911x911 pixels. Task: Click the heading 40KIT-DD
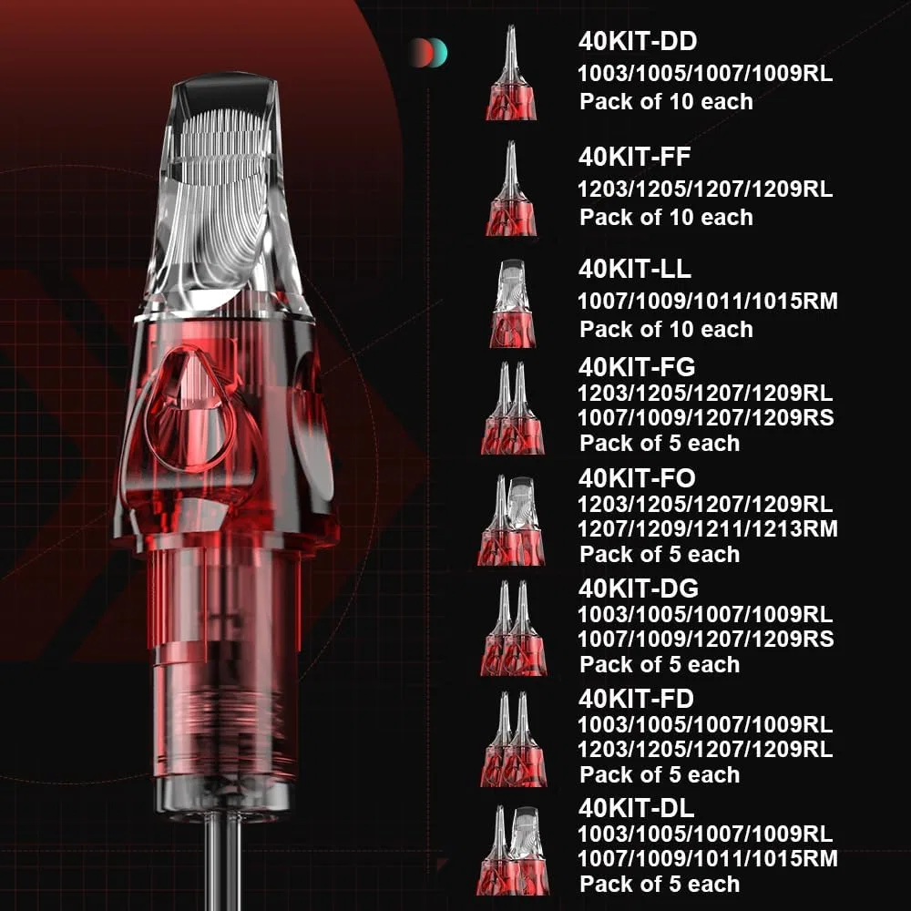click(638, 41)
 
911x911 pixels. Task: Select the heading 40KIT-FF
click(634, 157)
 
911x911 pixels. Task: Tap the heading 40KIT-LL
click(634, 269)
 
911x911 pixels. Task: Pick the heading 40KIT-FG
click(637, 367)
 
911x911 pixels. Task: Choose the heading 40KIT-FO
click(637, 478)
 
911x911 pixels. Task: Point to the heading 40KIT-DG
click(638, 589)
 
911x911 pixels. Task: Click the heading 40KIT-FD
click(636, 699)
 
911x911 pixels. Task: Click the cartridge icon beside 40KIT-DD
click(511, 73)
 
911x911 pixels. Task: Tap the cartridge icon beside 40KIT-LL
click(511, 303)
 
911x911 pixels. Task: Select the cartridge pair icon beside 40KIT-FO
click(511, 520)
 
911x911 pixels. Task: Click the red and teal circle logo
click(428, 53)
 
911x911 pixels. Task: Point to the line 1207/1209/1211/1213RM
click(707, 528)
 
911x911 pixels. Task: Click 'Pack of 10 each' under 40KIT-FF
click(666, 218)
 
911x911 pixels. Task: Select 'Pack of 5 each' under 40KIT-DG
click(660, 665)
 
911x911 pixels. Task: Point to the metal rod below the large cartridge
click(224, 861)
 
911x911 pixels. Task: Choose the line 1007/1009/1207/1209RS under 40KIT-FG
click(705, 418)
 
